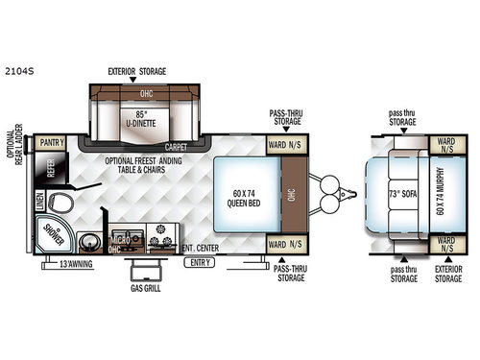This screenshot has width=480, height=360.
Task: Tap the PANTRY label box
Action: (53, 143)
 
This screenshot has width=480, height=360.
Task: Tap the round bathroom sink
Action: (92, 241)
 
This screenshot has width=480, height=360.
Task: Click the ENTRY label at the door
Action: (200, 261)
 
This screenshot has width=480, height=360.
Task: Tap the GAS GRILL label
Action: (147, 286)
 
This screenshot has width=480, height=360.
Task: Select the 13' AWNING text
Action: (76, 263)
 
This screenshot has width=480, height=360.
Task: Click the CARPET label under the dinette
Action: (176, 148)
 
